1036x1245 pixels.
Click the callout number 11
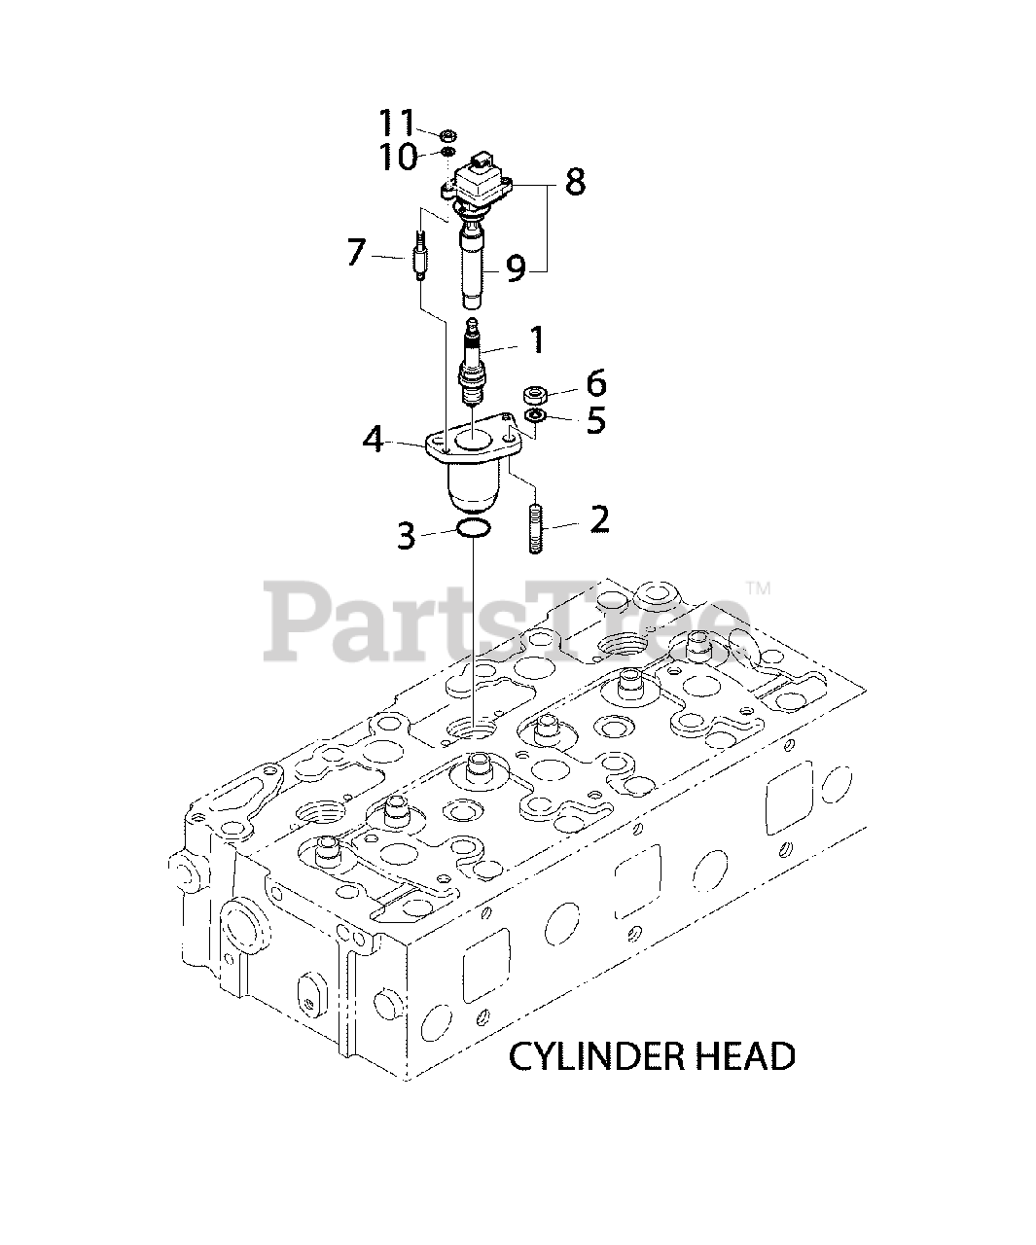pyautogui.click(x=397, y=123)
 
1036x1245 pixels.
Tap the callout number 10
pyautogui.click(x=398, y=156)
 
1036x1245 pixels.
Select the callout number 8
pyautogui.click(x=575, y=182)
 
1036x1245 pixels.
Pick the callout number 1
pyautogui.click(x=536, y=339)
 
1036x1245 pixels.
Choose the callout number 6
pyautogui.click(x=595, y=382)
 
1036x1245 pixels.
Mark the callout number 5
pyautogui.click(x=595, y=420)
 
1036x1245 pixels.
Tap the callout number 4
pyautogui.click(x=374, y=440)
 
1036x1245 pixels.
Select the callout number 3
pyautogui.click(x=407, y=535)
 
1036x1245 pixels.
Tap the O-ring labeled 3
pyautogui.click(x=472, y=530)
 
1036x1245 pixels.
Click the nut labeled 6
pyautogui.click(x=535, y=394)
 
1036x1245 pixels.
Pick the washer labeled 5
pyautogui.click(x=533, y=416)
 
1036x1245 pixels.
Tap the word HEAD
pyautogui.click(x=748, y=1056)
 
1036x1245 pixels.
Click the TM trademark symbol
pyautogui.click(x=758, y=588)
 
